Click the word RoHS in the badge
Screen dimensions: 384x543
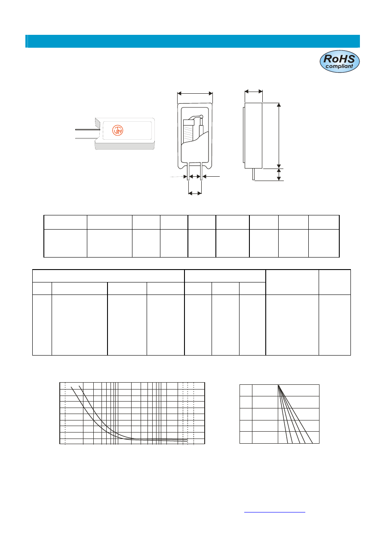pyautogui.click(x=339, y=59)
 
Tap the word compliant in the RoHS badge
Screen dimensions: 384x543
pyautogui.click(x=339, y=66)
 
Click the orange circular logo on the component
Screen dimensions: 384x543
pyautogui.click(x=117, y=130)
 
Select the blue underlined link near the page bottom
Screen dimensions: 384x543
pyautogui.click(x=274, y=512)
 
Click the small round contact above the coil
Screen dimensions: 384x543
pyautogui.click(x=201, y=117)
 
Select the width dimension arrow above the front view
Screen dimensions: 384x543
pyautogui.click(x=195, y=94)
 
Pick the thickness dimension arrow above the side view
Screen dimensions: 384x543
pyautogui.click(x=254, y=92)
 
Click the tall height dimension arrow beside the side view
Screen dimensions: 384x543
pyautogui.click(x=279, y=135)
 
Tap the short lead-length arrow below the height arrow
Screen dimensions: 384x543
pyautogui.click(x=279, y=175)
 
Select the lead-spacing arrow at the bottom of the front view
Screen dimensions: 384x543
pyautogui.click(x=195, y=193)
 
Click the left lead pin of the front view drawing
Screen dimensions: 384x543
pyautogui.click(x=188, y=172)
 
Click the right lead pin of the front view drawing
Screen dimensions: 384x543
pyautogui.click(x=201, y=172)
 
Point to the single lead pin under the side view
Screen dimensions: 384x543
pyautogui.click(x=254, y=174)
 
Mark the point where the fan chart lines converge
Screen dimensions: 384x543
pyautogui.click(x=278, y=385)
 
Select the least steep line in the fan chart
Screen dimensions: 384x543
pyautogui.click(x=295, y=414)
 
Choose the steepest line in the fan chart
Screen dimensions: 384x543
pyautogui.click(x=283, y=414)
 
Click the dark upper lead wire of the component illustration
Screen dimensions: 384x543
pyautogui.click(x=88, y=130)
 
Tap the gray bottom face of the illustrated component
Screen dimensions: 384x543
pyautogui.click(x=125, y=146)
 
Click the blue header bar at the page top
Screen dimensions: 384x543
pyautogui.click(x=193, y=41)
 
